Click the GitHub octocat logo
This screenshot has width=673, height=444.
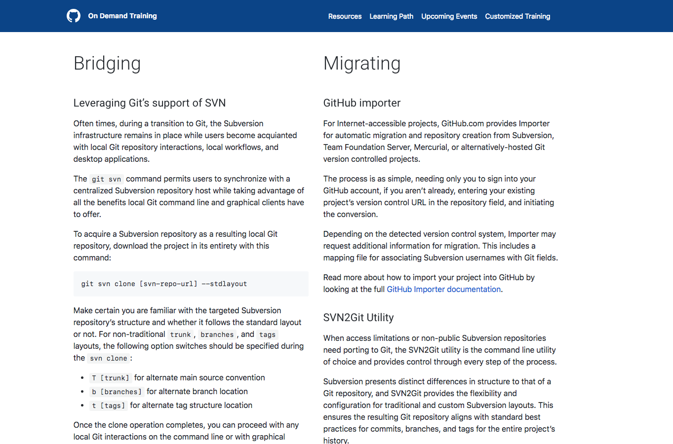[74, 16]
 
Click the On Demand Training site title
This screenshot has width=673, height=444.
[122, 16]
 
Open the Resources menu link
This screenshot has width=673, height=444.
[345, 16]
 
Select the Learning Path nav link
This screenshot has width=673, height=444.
[391, 16]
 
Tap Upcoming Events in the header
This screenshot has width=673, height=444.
[449, 16]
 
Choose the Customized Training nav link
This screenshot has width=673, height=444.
[517, 16]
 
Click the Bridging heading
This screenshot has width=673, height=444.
[107, 63]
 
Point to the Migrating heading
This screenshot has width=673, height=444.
[361, 63]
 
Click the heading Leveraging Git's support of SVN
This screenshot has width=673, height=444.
[150, 103]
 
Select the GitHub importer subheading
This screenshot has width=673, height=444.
[361, 103]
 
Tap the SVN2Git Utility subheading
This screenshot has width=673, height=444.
[358, 317]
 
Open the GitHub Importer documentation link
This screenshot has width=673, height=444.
[443, 289]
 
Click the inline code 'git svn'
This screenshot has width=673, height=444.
[106, 179]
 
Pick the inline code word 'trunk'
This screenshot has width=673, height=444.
[180, 334]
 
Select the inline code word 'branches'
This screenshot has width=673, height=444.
[217, 334]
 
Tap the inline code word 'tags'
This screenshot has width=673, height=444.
[267, 334]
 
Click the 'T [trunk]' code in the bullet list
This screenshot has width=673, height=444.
[110, 378]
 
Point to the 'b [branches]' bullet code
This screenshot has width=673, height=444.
[117, 392]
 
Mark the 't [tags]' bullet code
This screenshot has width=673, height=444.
[108, 406]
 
